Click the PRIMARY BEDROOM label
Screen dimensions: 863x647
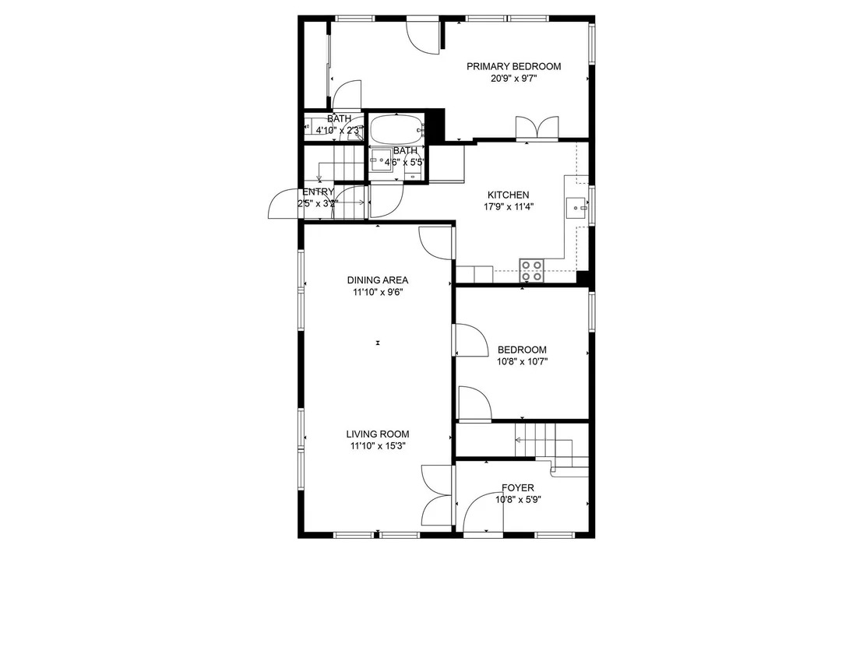click(513, 67)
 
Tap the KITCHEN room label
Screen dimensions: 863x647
click(508, 195)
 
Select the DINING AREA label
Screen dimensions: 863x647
click(378, 280)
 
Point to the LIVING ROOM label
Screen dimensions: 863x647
click(378, 434)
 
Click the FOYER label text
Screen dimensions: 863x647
click(517, 488)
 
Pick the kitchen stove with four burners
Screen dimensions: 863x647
click(532, 271)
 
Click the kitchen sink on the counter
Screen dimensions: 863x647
click(577, 208)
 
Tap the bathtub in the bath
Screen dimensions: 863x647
click(396, 128)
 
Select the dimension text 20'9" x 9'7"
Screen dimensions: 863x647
click(513, 79)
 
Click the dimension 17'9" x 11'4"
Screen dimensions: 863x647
click(508, 207)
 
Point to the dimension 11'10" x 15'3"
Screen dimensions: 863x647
click(378, 446)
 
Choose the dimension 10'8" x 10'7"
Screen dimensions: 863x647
click(522, 362)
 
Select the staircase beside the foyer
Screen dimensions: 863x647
click(551, 445)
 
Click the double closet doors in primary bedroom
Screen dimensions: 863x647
click(537, 127)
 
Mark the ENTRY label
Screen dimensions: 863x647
click(318, 192)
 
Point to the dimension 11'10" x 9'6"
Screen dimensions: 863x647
click(378, 292)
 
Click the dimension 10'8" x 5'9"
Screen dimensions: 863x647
click(517, 500)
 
